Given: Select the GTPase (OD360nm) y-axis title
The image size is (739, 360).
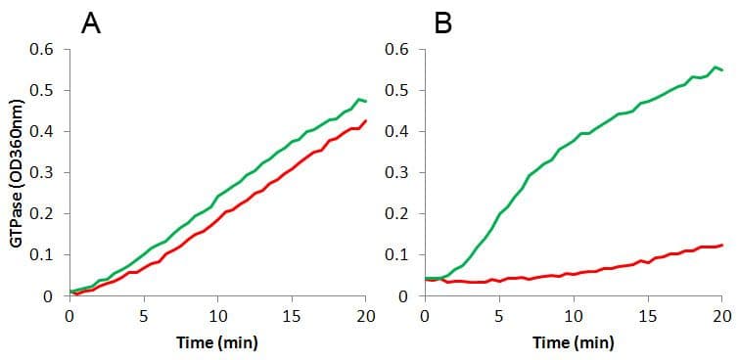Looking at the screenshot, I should pos(17,172).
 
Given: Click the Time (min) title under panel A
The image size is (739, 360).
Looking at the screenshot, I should pos(216,343).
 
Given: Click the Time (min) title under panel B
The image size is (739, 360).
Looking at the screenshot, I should pos(573,343).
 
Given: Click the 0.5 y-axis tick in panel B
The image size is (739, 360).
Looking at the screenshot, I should pos(396,91).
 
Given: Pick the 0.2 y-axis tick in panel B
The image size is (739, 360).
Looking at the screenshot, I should pos(396,214).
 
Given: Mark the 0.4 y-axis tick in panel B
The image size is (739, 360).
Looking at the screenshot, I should pos(396,132).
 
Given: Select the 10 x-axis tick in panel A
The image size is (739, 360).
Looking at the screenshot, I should pos(217,316).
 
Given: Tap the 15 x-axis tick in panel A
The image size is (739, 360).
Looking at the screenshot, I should pos(292,316).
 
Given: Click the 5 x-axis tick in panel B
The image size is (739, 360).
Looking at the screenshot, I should pos(498,316).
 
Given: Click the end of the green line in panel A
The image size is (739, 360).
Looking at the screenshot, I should pos(366,101).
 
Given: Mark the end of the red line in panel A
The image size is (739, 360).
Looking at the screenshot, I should pos(366,121).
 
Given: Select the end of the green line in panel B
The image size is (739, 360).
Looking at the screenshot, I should pos(722,70).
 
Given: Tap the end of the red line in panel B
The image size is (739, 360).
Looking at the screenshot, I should pos(722,245).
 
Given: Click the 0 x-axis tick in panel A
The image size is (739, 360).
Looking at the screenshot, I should pos(69,316).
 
